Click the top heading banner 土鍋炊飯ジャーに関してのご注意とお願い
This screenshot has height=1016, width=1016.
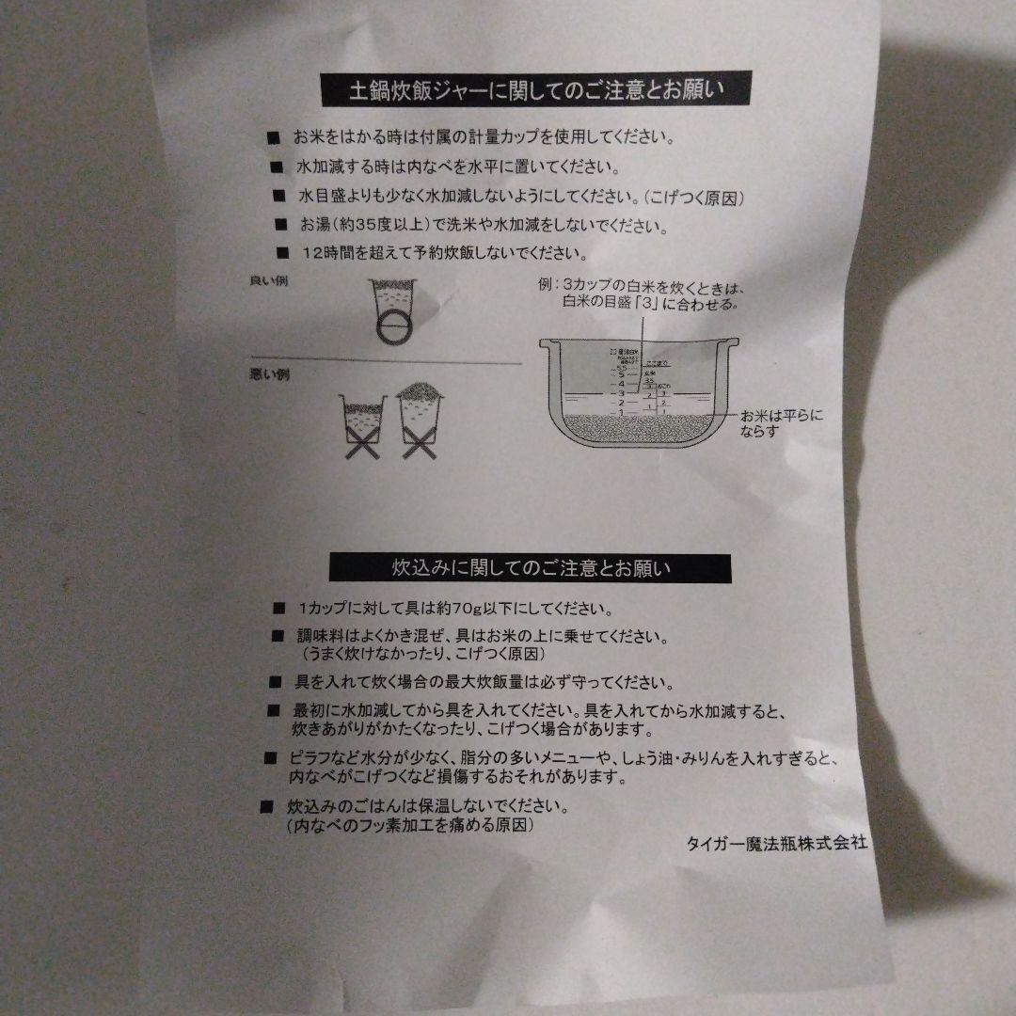pyautogui.click(x=536, y=91)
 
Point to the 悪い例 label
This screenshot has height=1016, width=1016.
pyautogui.click(x=266, y=375)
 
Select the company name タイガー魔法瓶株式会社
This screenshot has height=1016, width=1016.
pyautogui.click(x=776, y=843)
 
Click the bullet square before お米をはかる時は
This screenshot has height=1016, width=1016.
pyautogui.click(x=274, y=138)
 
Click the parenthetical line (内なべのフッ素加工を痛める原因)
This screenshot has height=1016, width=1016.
pyautogui.click(x=411, y=825)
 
